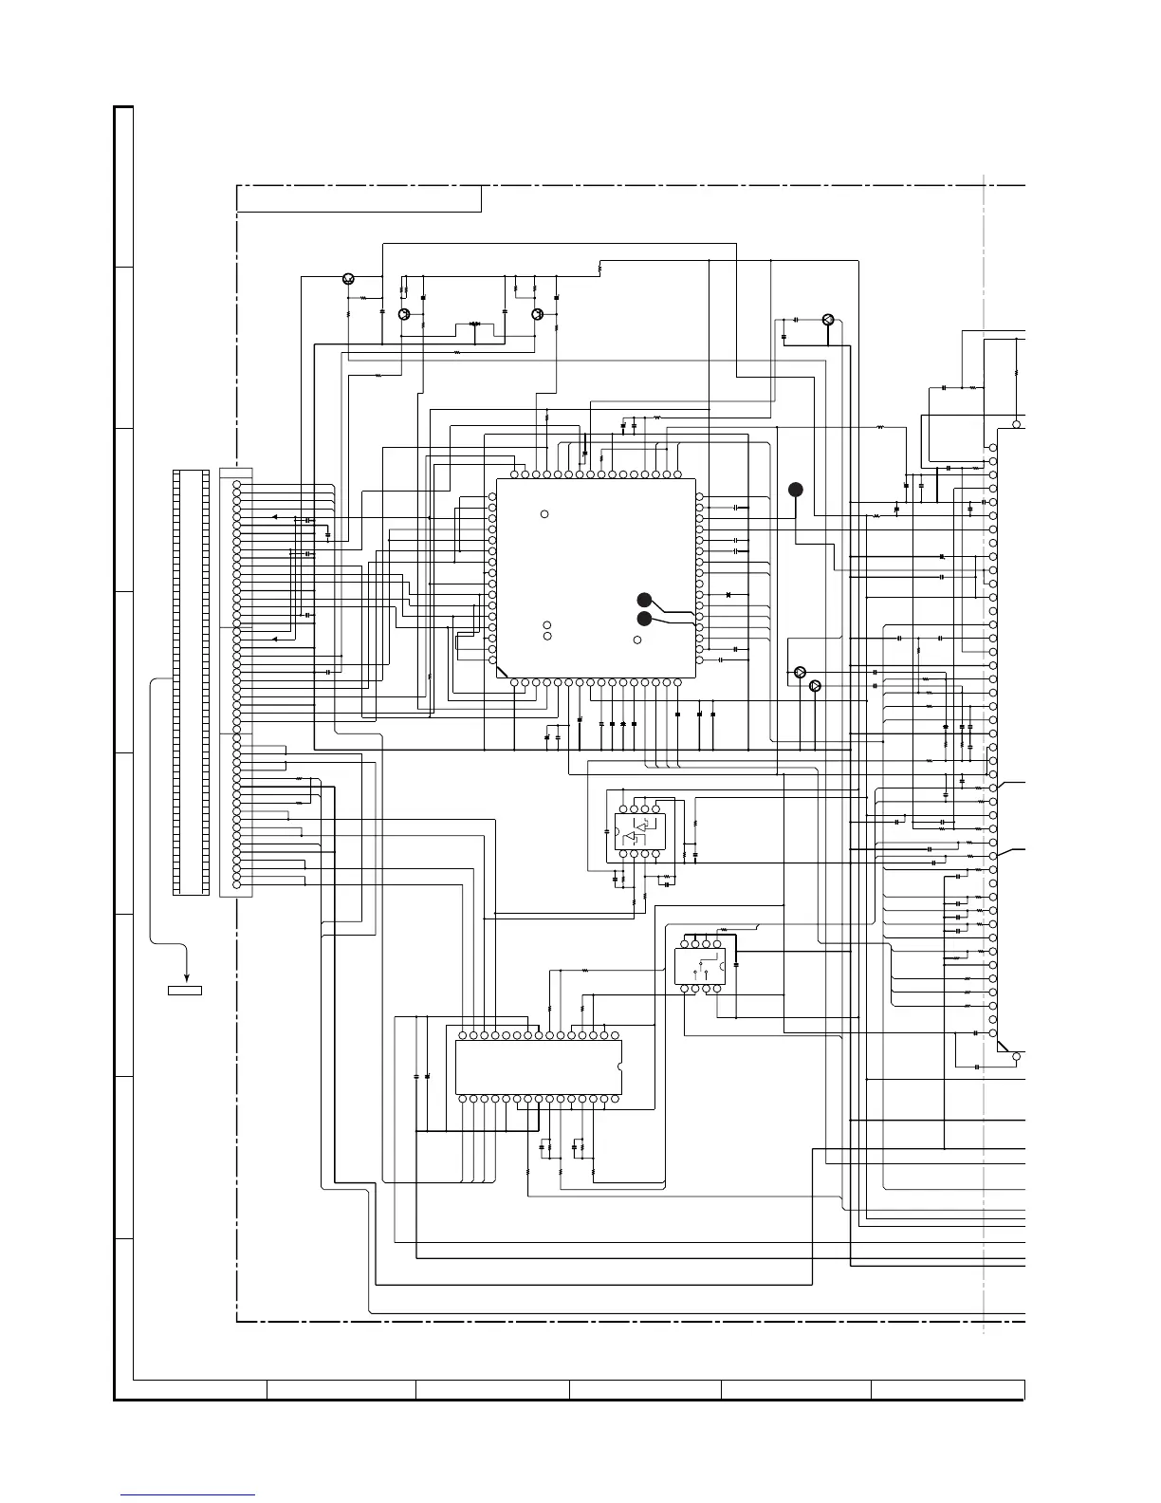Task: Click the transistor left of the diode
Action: point(404,314)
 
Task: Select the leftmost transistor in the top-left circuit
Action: point(348,278)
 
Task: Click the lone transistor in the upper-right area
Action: point(828,320)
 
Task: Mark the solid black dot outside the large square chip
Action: point(795,489)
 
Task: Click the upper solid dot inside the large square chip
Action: point(643,600)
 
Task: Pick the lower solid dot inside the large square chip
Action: point(643,620)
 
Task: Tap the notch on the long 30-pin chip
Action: point(620,1067)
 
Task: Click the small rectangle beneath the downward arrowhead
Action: point(185,991)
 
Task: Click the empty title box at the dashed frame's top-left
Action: point(359,198)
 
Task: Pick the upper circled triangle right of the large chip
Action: point(799,672)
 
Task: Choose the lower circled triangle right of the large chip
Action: point(814,685)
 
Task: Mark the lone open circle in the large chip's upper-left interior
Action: point(544,514)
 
